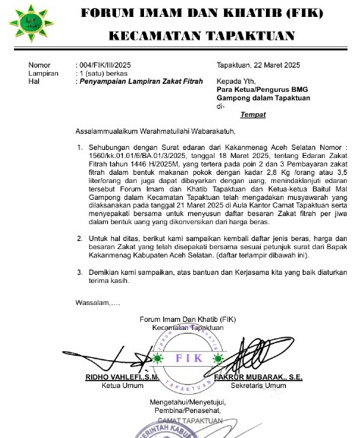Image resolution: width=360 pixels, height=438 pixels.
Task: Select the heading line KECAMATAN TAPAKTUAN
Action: point(202,35)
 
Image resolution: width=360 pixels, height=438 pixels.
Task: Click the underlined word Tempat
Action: point(253,115)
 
